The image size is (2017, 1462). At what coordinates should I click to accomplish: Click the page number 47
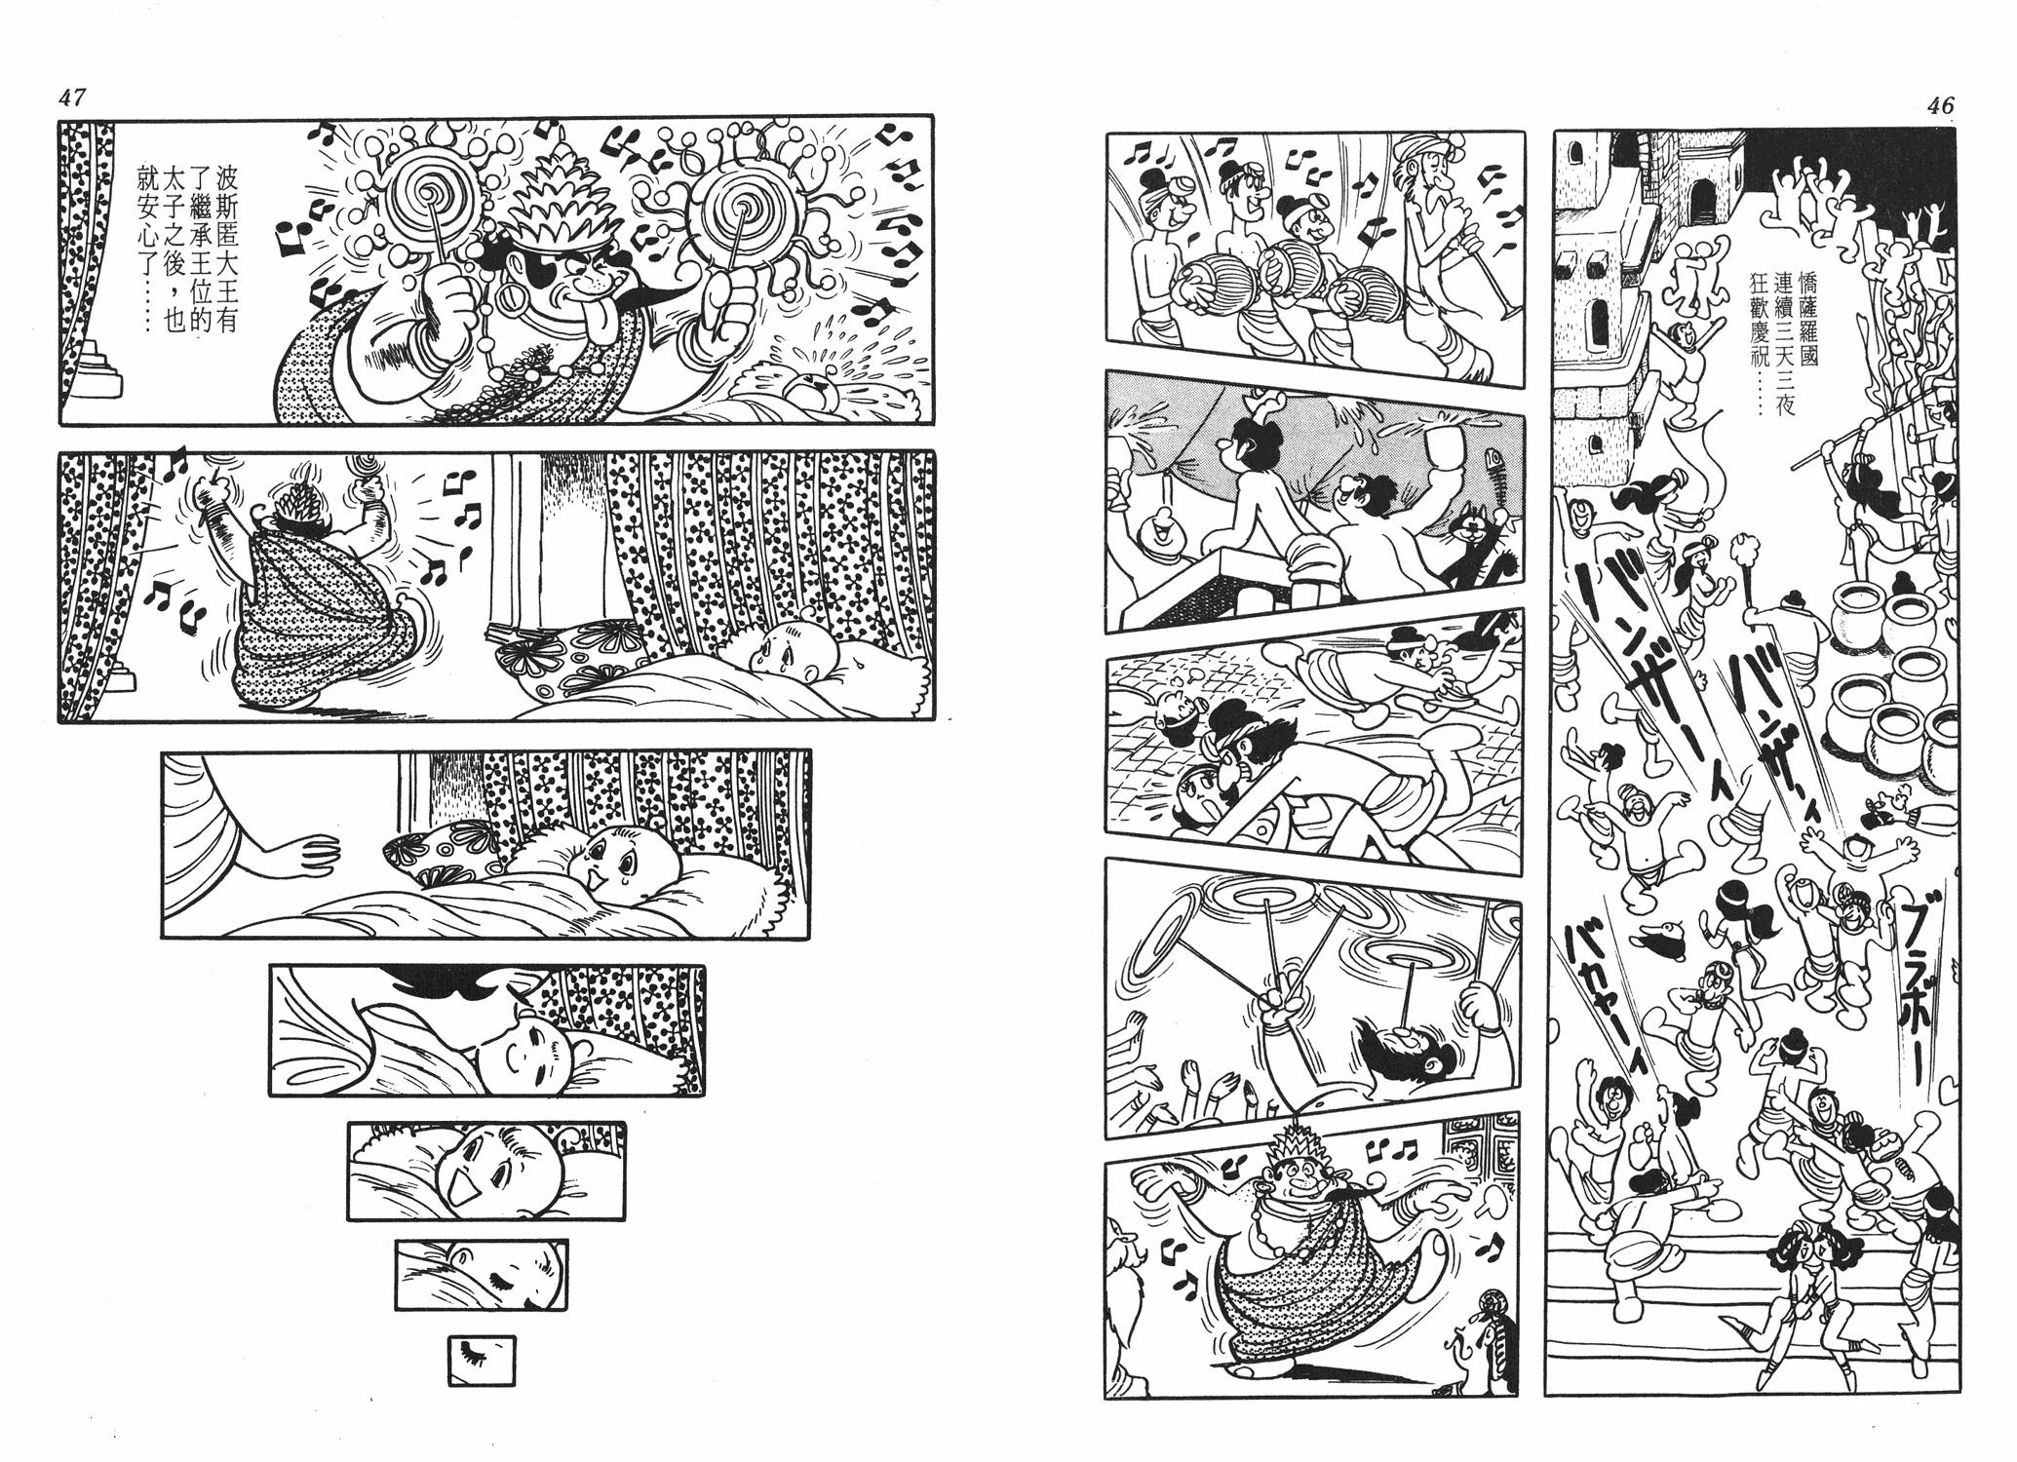click(73, 97)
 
